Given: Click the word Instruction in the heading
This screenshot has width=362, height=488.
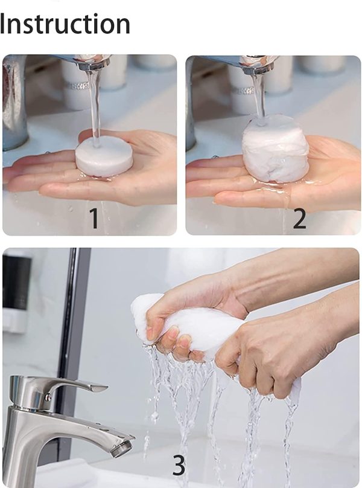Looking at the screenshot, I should (65, 24).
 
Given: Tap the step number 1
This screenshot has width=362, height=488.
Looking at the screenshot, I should (94, 218).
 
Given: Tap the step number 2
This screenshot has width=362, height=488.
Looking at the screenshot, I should (299, 218).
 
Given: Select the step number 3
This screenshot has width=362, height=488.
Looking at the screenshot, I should (179, 465).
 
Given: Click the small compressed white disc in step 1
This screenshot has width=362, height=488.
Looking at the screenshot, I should (104, 156).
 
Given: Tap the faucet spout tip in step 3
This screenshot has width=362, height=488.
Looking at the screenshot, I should (122, 448).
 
